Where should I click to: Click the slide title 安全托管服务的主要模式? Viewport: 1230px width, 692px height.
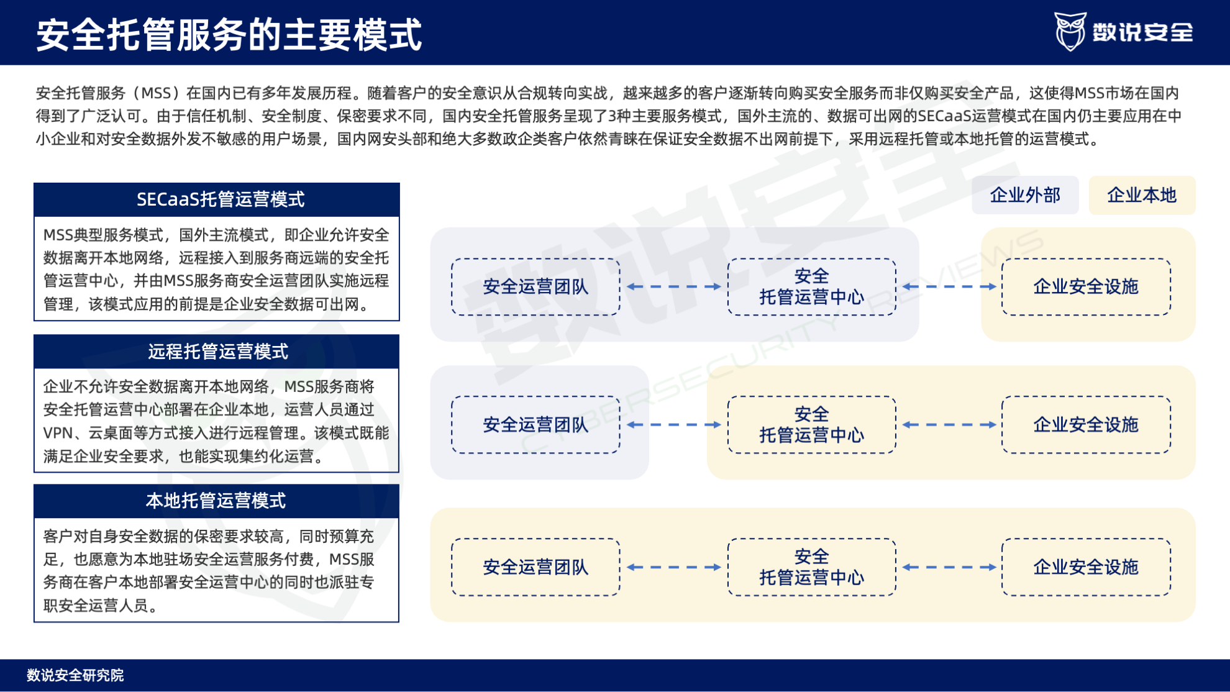tap(229, 34)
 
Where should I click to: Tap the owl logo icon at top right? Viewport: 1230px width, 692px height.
tap(1070, 31)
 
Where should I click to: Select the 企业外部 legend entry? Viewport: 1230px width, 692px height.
tap(1025, 195)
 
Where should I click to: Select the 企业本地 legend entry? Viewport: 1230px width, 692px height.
tap(1142, 195)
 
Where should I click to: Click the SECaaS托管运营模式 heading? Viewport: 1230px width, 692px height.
tap(220, 199)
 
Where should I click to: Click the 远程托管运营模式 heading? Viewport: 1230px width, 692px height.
tap(217, 352)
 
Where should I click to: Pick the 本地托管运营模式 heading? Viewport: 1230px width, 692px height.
tap(216, 501)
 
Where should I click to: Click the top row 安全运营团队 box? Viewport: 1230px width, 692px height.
tap(535, 287)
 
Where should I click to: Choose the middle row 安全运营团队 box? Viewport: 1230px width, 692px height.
tap(535, 425)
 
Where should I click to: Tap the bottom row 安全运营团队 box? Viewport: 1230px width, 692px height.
tap(535, 567)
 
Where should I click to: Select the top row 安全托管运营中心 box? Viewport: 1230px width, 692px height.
tap(811, 287)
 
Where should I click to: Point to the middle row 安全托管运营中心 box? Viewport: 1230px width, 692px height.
tap(811, 425)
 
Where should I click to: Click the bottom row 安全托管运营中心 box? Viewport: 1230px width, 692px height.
tap(811, 567)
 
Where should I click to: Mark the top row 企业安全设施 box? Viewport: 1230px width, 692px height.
tap(1085, 287)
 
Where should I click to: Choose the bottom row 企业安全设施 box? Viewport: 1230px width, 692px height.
tap(1085, 567)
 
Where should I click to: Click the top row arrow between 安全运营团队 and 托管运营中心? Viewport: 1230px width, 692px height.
tap(674, 287)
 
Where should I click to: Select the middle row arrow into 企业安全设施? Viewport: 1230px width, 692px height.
tap(949, 425)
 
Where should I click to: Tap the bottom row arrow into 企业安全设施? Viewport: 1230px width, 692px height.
tap(949, 567)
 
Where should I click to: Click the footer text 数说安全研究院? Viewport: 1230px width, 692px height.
tap(75, 675)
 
